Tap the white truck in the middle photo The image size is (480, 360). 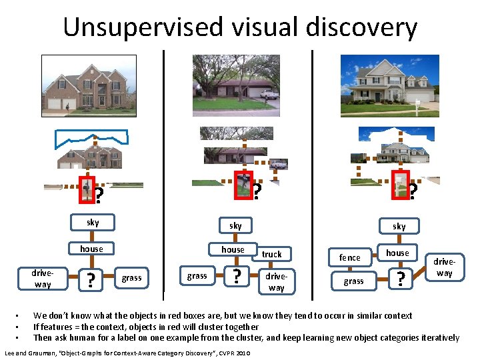point(269,94)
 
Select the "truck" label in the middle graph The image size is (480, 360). point(271,254)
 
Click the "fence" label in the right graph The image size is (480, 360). point(349,257)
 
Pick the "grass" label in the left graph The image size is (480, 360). point(131,277)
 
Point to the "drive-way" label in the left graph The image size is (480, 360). point(43,279)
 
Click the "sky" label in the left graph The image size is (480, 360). point(93,223)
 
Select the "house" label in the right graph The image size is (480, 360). point(397,253)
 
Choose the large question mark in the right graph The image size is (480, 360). point(400,279)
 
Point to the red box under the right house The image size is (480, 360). point(399,183)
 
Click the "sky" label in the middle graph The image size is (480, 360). point(235,226)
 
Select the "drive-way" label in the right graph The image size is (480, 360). point(444,268)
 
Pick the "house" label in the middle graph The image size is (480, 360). point(233,249)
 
